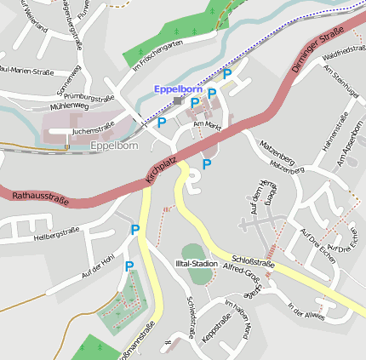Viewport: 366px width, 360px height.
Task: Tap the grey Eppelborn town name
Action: (x=113, y=146)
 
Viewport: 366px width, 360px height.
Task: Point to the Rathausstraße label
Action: (x=40, y=197)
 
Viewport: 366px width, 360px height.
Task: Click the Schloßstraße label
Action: (x=252, y=264)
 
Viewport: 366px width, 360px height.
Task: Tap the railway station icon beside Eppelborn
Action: (x=177, y=100)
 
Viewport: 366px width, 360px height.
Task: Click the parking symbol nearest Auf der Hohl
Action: (x=129, y=266)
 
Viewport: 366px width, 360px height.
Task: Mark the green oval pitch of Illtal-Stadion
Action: (x=193, y=252)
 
